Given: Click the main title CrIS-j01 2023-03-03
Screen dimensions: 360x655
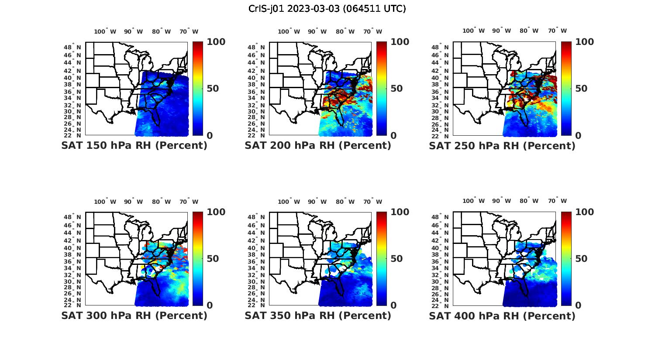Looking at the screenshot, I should click(x=327, y=9).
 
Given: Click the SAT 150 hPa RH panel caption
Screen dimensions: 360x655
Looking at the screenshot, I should click(x=134, y=146).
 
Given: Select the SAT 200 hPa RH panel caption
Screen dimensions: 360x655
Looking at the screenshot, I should click(x=318, y=146).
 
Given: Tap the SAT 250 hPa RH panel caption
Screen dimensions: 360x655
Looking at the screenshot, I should click(x=502, y=146).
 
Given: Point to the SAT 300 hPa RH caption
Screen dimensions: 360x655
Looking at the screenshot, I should click(x=134, y=315).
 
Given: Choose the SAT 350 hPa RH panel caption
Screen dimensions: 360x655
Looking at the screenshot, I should click(x=318, y=315).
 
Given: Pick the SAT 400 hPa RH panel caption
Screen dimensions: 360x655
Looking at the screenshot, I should click(x=502, y=315).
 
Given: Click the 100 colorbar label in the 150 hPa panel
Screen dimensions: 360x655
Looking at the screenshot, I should click(x=216, y=42).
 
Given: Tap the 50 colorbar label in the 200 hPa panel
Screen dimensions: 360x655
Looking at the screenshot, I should click(x=396, y=89).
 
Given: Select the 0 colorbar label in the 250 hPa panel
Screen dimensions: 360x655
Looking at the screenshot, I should click(x=578, y=136).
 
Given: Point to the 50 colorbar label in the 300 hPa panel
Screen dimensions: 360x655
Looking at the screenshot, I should click(x=213, y=259).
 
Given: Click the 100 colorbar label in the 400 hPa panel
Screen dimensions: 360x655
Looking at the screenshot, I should click(x=585, y=212).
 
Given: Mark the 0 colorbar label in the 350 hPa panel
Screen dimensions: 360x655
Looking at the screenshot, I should click(x=393, y=305).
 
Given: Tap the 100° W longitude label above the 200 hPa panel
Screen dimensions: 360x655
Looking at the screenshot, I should click(x=289, y=31).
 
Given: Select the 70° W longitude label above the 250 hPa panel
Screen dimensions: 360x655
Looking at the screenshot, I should click(x=557, y=31).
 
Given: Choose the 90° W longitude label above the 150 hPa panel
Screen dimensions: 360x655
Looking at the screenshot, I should click(x=133, y=31).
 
